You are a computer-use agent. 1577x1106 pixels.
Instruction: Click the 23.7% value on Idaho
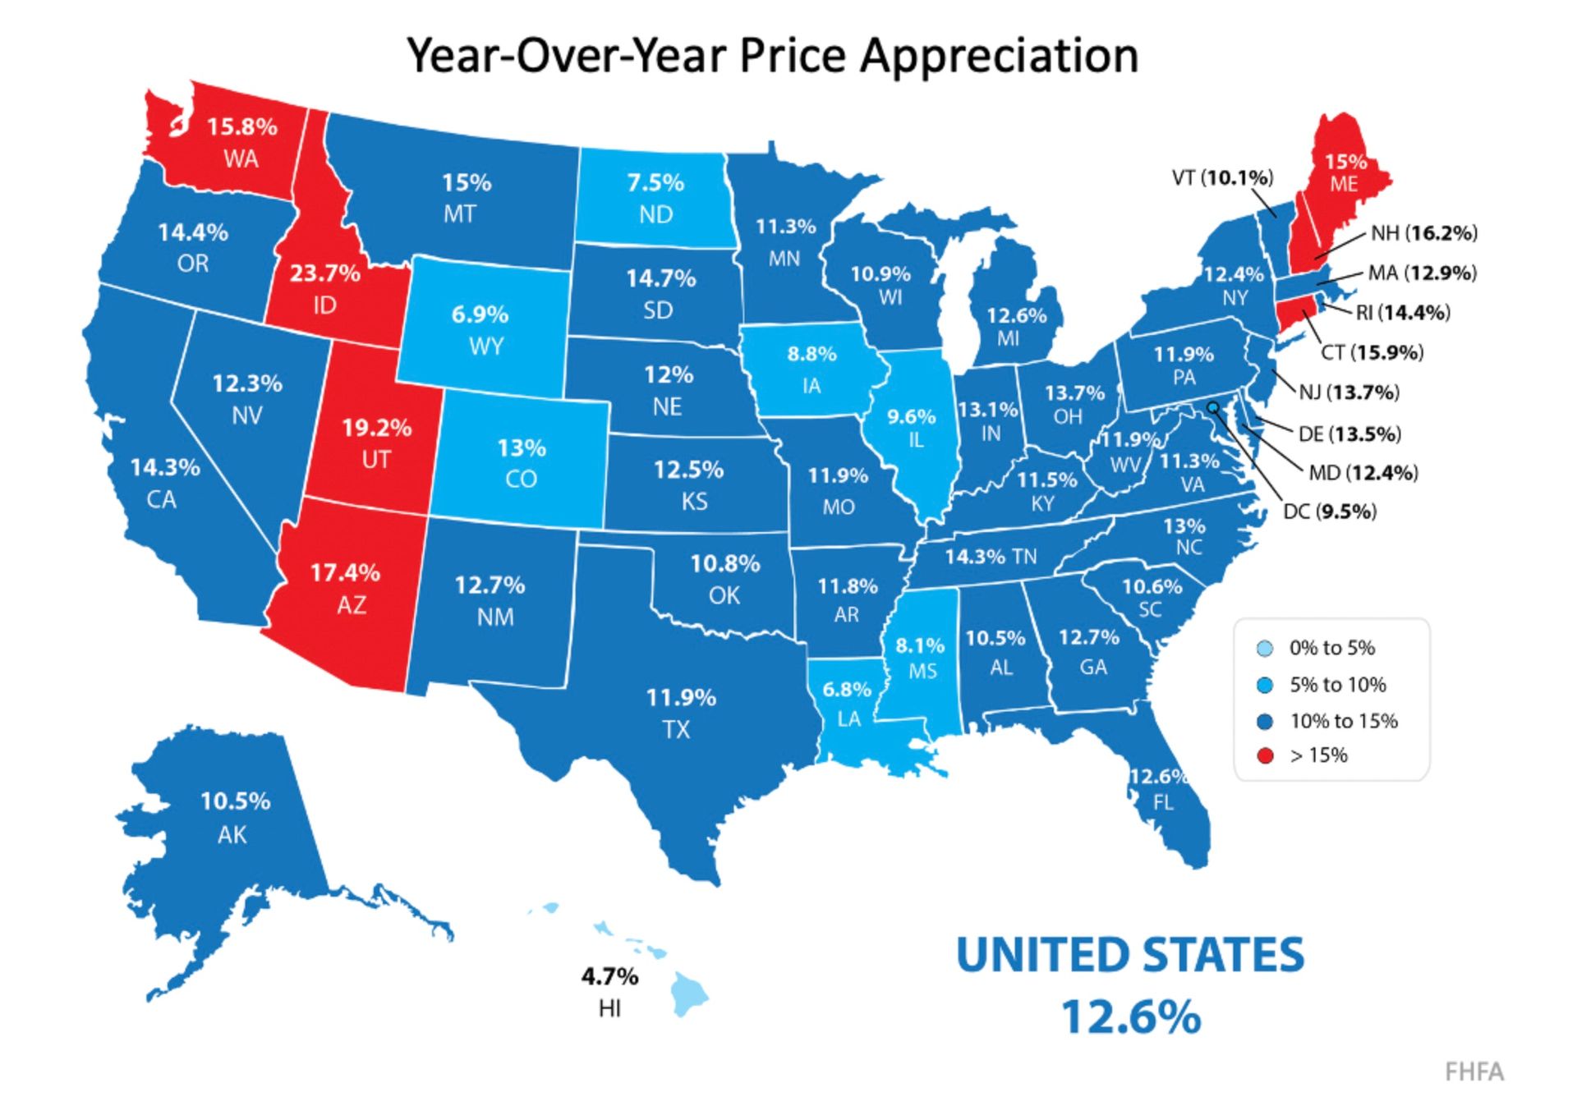click(324, 273)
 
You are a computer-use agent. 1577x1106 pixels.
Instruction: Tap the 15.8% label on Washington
click(241, 127)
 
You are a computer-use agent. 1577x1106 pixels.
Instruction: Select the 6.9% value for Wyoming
click(480, 314)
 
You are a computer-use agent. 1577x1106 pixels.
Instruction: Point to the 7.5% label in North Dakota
click(655, 182)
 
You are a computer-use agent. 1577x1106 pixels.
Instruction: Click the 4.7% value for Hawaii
click(609, 977)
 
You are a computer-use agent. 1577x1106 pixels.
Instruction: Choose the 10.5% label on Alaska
click(235, 801)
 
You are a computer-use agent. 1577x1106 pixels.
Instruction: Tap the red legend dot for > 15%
click(1266, 756)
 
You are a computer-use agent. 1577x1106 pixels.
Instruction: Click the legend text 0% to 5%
click(1331, 648)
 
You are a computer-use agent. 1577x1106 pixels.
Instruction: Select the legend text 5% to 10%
click(1337, 685)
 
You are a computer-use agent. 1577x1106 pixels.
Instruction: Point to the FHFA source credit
click(1474, 1072)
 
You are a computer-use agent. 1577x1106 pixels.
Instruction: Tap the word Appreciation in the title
click(999, 56)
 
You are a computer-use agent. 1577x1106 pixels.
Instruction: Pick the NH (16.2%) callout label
click(1423, 233)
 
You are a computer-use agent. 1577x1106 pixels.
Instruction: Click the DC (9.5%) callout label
click(1330, 512)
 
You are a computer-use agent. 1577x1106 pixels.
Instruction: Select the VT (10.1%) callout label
click(1222, 177)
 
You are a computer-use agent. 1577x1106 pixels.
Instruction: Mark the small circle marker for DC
click(1212, 406)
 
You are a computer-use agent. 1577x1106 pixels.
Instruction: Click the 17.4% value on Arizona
click(345, 572)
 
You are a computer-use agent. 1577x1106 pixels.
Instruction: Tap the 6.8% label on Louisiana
click(847, 690)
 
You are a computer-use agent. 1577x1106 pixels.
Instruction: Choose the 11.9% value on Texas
click(681, 698)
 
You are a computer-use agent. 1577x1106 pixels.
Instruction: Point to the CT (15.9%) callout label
click(1372, 352)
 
